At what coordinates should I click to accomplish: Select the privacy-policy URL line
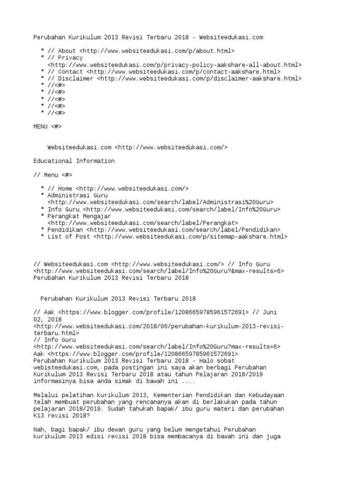(x=174, y=65)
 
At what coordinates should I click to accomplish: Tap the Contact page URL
(x=183, y=72)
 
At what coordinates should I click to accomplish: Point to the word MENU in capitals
(x=41, y=127)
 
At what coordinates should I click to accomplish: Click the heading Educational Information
(x=74, y=161)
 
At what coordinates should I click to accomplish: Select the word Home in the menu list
(x=65, y=188)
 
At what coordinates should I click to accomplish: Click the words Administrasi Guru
(x=77, y=195)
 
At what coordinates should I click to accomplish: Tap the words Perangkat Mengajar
(x=79, y=216)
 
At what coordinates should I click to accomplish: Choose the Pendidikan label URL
(x=183, y=230)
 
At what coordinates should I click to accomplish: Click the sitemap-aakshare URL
(x=190, y=237)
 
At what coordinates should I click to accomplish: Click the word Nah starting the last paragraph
(x=39, y=429)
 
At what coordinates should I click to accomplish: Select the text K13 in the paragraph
(x=39, y=415)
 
